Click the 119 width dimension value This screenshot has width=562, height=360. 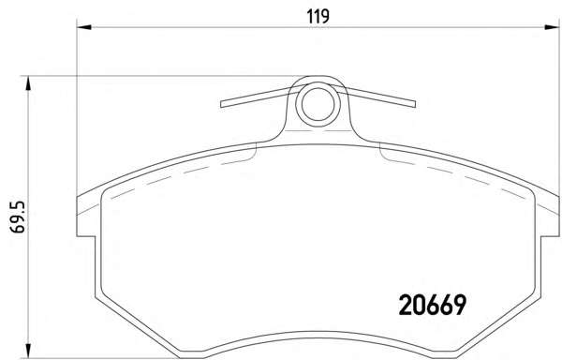point(318,16)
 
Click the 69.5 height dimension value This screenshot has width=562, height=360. point(18,217)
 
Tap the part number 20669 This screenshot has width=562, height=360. point(432,305)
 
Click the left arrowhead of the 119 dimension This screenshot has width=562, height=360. point(84,27)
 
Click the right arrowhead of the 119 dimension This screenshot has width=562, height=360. point(552,27)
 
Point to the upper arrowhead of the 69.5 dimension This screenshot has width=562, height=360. point(27,83)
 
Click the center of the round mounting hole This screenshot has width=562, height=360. point(318,104)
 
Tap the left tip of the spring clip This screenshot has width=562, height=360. point(221,104)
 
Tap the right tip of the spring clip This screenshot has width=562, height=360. point(415,104)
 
